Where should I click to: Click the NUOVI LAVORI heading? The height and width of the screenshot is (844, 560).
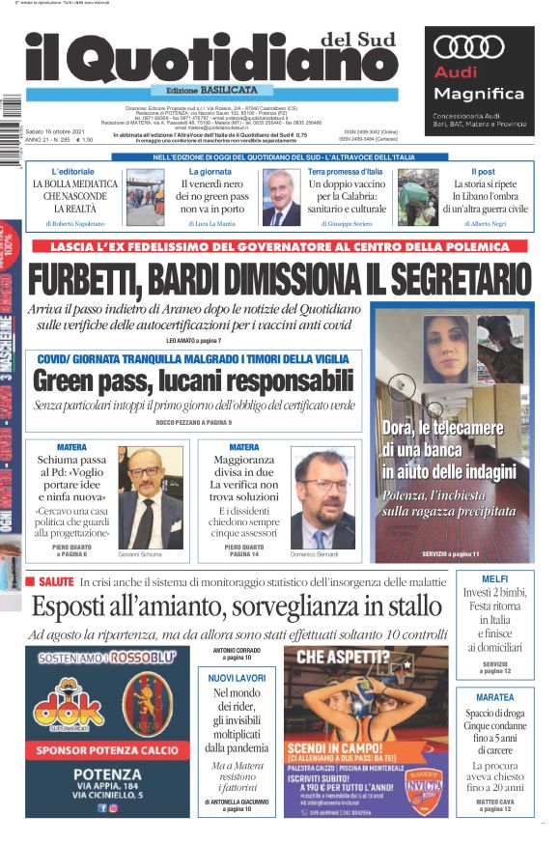pyautogui.click(x=237, y=679)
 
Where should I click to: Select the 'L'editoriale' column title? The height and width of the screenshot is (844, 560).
pyautogui.click(x=72, y=171)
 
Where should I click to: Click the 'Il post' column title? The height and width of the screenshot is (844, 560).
pyautogui.click(x=483, y=171)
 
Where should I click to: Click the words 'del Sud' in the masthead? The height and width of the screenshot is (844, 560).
pyautogui.click(x=350, y=40)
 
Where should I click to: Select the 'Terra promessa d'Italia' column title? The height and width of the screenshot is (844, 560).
pyautogui.click(x=345, y=171)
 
